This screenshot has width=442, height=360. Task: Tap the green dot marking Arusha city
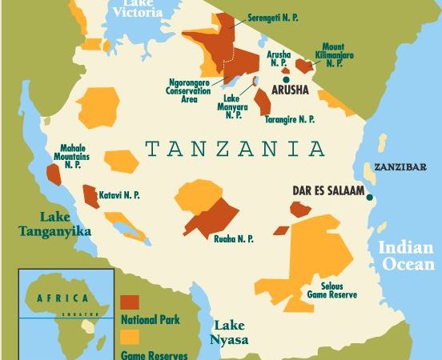tap(285, 78)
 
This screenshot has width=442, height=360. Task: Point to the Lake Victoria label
tap(137, 9)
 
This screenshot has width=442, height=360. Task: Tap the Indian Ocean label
tap(406, 256)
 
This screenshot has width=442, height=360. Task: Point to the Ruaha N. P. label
tap(234, 238)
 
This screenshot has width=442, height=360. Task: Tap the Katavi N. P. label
tap(120, 194)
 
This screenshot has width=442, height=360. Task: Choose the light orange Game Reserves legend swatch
tap(130, 336)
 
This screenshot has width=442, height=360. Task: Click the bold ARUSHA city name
tap(290, 90)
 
